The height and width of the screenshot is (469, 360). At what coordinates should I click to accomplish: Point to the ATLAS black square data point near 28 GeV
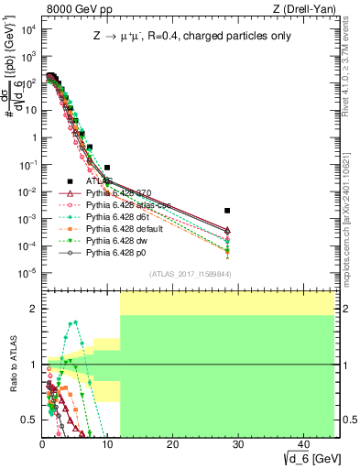pos(227,211)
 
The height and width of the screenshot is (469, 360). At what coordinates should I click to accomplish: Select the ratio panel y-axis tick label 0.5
pos(30,420)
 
